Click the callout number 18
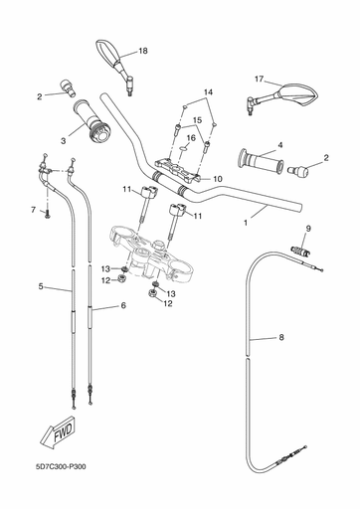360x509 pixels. pos(142,51)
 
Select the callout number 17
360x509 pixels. pos(259,79)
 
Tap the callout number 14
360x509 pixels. pos(208,92)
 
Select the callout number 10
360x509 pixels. pos(217,180)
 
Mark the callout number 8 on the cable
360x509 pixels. pos(281,338)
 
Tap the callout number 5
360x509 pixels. pos(41,286)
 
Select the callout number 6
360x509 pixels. pos(123,306)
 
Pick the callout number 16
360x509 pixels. pos(192,138)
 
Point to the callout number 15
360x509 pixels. pos(197,120)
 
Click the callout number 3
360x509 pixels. pos(63,141)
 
